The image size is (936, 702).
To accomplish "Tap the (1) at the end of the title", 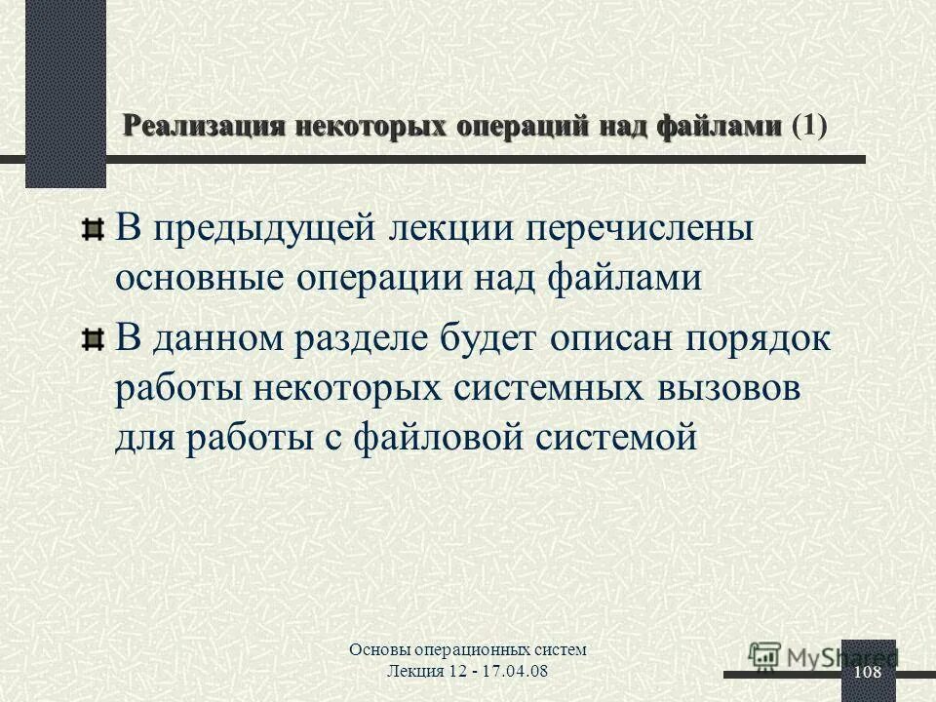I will tap(809, 126).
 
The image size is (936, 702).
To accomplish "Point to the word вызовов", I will tap(720, 390).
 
